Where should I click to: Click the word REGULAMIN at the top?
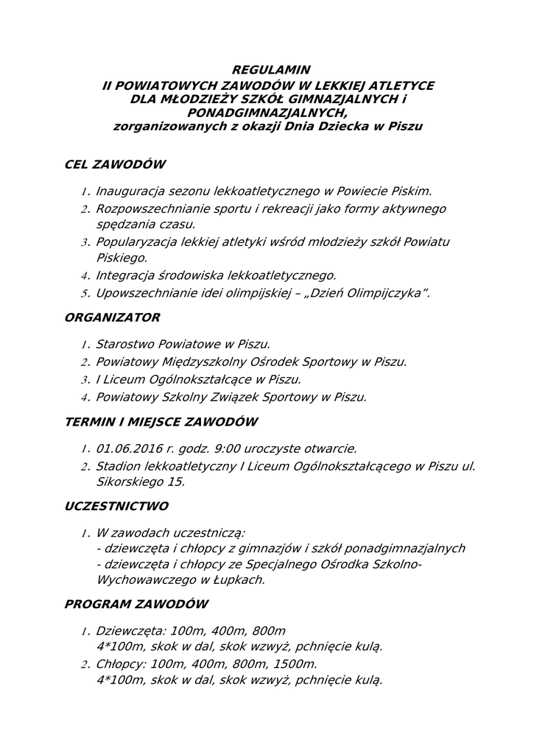[x=267, y=71]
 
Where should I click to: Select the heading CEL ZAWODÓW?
[x=115, y=164]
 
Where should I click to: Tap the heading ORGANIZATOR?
[x=113, y=318]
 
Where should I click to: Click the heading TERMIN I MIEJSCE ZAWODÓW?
[x=161, y=422]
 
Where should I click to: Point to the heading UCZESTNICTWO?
[x=117, y=507]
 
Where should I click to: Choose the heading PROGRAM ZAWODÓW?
[x=136, y=605]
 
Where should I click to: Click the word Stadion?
[x=119, y=465]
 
